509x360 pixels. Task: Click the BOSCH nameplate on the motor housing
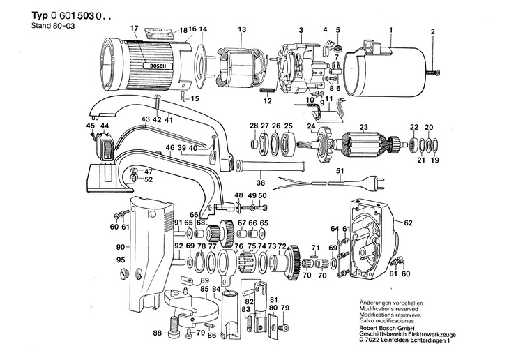[159, 66]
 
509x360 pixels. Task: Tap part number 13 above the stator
[242, 29]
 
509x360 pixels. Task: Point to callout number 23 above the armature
[363, 127]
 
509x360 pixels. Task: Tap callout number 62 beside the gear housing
[408, 223]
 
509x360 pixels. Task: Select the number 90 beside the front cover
[121, 247]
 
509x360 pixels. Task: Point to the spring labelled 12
[268, 90]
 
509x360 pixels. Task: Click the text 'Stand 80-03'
[53, 26]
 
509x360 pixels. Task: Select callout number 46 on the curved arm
[170, 148]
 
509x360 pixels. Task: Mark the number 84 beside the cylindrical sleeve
[216, 289]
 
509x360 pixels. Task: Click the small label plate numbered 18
[158, 31]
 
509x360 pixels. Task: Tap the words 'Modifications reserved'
[388, 309]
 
